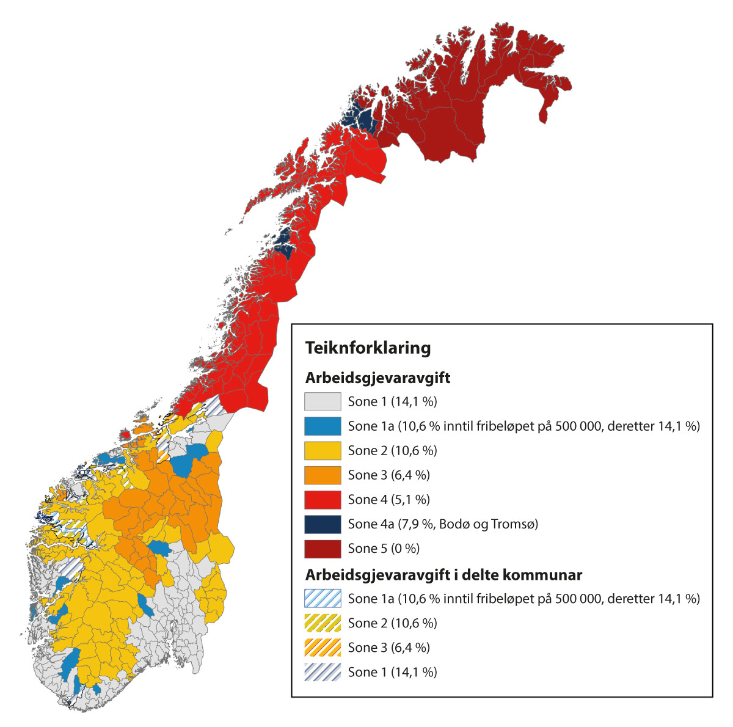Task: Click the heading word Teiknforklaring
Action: click(368, 348)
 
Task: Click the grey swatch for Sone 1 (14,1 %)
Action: click(322, 401)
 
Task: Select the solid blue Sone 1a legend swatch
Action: click(322, 426)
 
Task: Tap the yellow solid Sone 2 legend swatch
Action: click(322, 450)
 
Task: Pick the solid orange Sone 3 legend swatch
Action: click(322, 475)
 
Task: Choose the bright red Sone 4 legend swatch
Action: click(322, 499)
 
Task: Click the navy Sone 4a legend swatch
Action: click(322, 524)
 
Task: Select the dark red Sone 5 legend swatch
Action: click(322, 548)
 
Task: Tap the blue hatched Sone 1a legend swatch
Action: click(322, 598)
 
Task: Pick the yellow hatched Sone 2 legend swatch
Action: click(322, 623)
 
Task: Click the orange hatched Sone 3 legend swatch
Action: click(322, 647)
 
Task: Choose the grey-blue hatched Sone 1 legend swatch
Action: click(322, 671)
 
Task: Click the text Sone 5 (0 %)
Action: click(384, 549)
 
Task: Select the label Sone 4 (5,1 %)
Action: click(388, 500)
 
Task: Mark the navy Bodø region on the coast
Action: click(284, 241)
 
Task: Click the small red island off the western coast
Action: click(125, 435)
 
